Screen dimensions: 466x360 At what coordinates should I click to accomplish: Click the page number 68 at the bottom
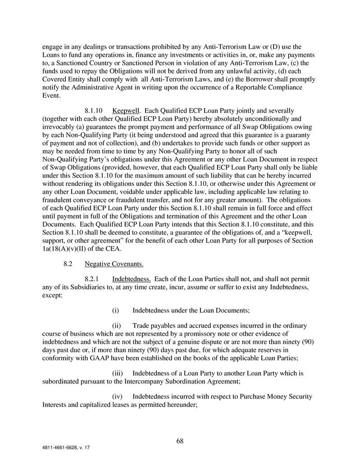(x=180, y=441)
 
